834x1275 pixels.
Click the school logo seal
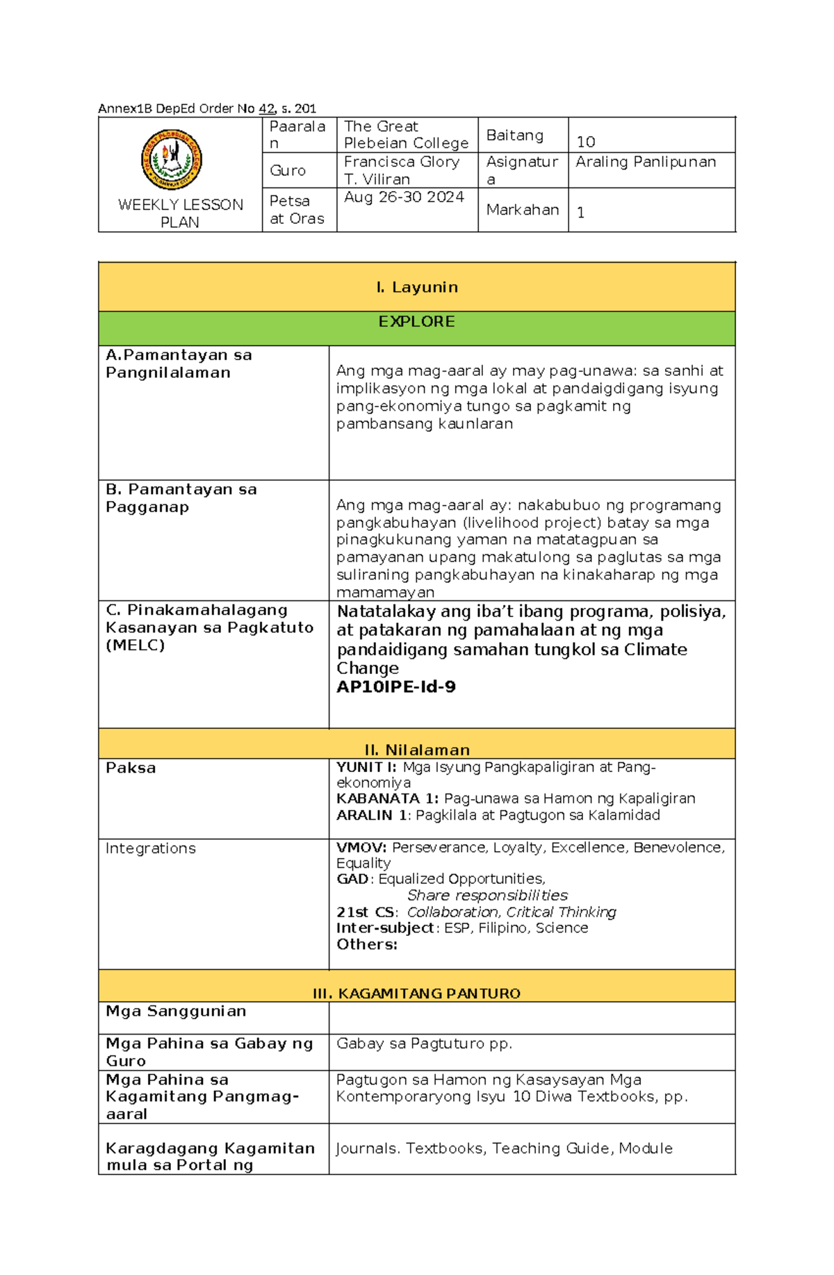(x=171, y=159)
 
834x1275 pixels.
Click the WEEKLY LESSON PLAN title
(x=180, y=213)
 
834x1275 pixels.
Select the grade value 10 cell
(x=586, y=142)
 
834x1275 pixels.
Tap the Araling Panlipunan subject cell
(x=646, y=162)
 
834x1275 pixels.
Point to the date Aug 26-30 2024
(x=404, y=197)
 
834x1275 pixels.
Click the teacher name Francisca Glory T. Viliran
(x=401, y=170)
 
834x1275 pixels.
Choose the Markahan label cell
(x=523, y=210)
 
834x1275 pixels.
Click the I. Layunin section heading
(x=416, y=287)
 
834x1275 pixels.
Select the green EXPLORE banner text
(x=416, y=322)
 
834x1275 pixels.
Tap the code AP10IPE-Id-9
(x=396, y=687)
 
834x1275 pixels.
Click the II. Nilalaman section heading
(x=417, y=750)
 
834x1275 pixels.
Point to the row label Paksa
(x=131, y=768)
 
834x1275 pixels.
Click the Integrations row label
(x=150, y=848)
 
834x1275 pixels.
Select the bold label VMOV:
(x=361, y=848)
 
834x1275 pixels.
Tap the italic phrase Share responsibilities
(x=487, y=895)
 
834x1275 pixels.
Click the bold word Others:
(x=367, y=944)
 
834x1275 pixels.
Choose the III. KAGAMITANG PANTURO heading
(x=416, y=994)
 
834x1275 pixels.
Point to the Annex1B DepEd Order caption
(x=207, y=108)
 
